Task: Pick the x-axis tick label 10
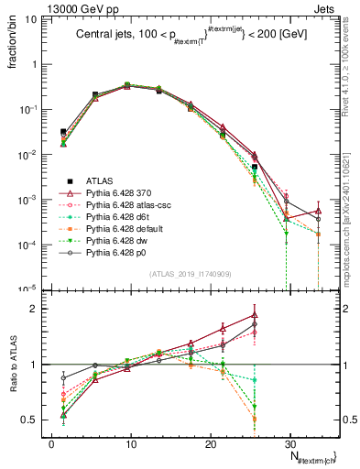(x=130, y=444)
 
